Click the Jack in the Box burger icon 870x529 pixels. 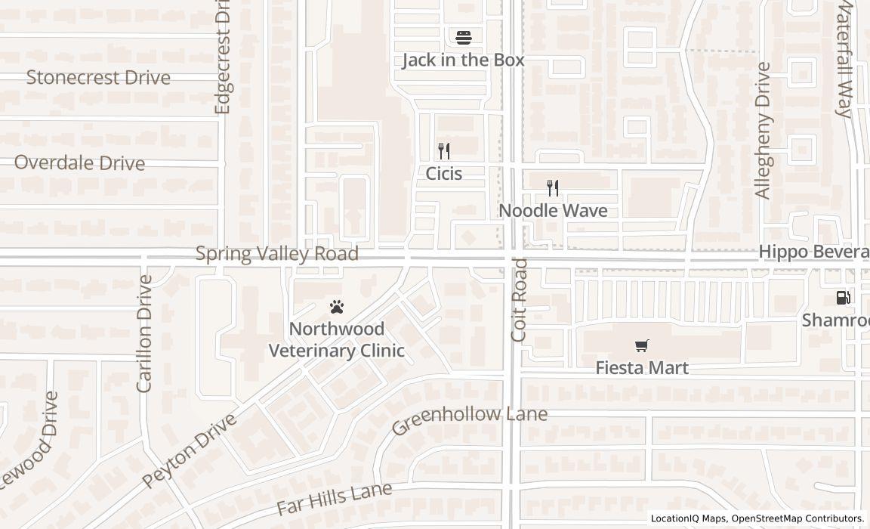[x=463, y=36]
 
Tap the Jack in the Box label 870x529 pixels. [x=463, y=60]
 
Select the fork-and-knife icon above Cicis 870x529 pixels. [x=444, y=151]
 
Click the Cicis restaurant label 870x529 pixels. [x=444, y=174]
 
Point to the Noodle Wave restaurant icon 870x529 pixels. [x=553, y=188]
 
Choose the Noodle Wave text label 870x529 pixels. [x=554, y=211]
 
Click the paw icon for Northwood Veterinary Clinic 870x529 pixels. [x=337, y=307]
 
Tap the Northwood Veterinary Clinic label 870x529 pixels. [x=337, y=340]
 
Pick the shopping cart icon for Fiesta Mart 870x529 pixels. [x=642, y=346]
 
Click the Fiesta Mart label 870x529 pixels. [x=642, y=368]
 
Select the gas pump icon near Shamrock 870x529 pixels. [x=843, y=298]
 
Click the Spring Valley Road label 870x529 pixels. [x=277, y=253]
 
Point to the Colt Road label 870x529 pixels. [x=519, y=299]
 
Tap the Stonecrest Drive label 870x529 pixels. [x=98, y=77]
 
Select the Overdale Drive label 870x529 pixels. [x=79, y=163]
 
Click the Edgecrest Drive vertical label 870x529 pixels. [x=222, y=57]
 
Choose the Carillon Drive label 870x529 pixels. [x=144, y=333]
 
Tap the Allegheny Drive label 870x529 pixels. [x=764, y=130]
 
